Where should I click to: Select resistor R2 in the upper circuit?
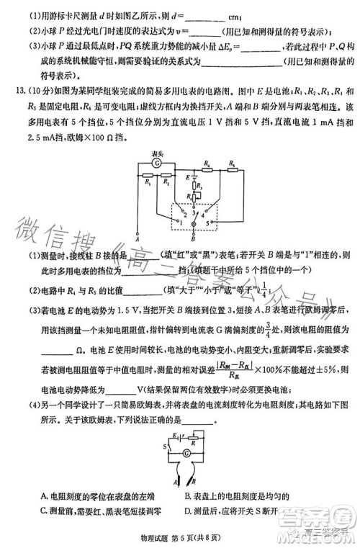coord(168,176)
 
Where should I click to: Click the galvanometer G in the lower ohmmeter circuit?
coord(187,452)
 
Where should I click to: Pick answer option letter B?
coord(186,496)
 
